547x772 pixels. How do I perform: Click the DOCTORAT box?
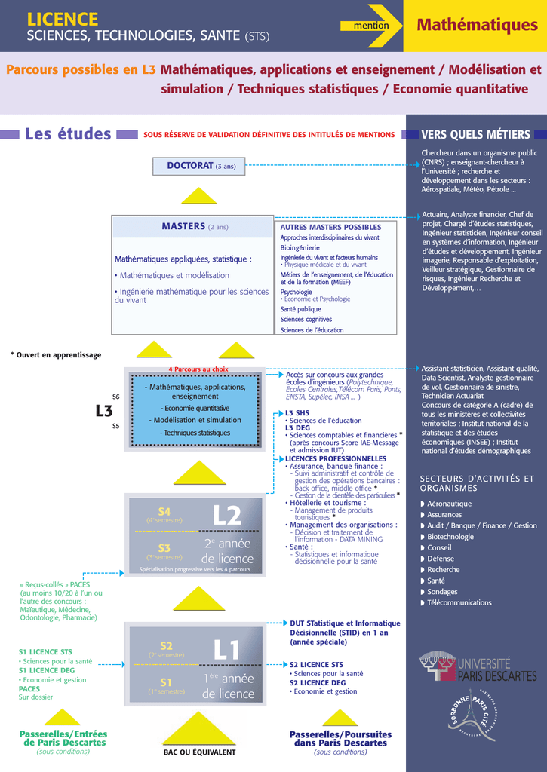(x=198, y=166)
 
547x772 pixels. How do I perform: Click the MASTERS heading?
(x=183, y=226)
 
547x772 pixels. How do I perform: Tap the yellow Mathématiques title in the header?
(x=477, y=25)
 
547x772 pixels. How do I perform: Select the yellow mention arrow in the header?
(x=371, y=26)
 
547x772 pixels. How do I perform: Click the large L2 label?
(x=227, y=516)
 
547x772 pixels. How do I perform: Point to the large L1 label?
(x=226, y=650)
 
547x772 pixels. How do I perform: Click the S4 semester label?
(x=164, y=511)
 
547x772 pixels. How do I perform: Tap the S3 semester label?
(x=164, y=548)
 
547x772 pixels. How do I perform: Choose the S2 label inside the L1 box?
(x=166, y=645)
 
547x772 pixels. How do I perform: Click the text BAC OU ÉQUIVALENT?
(x=200, y=752)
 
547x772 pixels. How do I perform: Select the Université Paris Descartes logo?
(x=478, y=668)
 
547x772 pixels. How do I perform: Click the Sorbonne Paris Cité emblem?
(x=472, y=716)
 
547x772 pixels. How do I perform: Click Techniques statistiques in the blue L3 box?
(x=197, y=433)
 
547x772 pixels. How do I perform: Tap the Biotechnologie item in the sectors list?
(x=450, y=537)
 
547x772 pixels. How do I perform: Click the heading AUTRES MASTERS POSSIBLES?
(x=330, y=227)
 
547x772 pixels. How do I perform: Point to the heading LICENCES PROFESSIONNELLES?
(x=336, y=458)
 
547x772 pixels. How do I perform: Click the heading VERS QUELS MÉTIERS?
(x=475, y=134)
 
